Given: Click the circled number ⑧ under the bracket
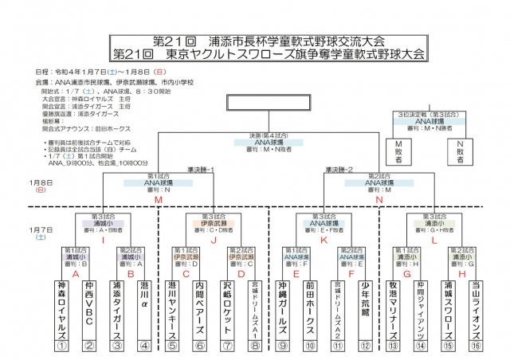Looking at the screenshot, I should click(x=254, y=345).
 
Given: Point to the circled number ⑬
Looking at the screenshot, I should click(x=393, y=345).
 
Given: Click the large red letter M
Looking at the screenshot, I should click(x=158, y=198).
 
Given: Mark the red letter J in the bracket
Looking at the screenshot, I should click(x=213, y=237).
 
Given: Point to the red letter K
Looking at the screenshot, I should click(x=324, y=237).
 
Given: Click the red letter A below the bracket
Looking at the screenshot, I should click(x=76, y=272).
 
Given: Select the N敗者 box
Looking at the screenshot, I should click(x=461, y=151).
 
